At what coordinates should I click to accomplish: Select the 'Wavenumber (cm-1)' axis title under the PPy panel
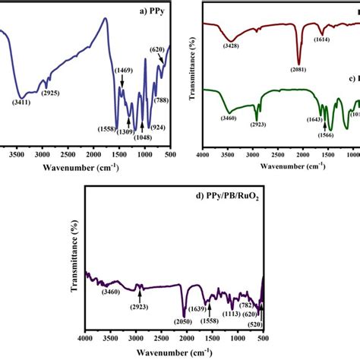(x=81, y=168)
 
